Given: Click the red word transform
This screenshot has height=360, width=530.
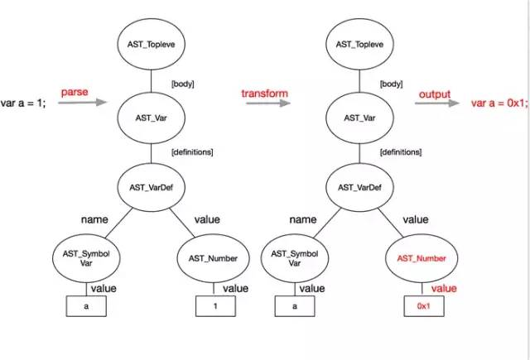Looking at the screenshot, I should click(x=265, y=94).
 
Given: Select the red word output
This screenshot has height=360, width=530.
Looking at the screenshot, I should click(x=434, y=94).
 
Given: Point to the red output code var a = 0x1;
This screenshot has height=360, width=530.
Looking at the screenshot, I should click(x=500, y=103).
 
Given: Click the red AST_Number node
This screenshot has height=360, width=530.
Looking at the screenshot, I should click(x=423, y=258).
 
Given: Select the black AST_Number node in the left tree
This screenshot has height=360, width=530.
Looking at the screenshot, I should click(x=210, y=258).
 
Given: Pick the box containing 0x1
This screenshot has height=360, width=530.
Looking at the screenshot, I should click(x=423, y=306).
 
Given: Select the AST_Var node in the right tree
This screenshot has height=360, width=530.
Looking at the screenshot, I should click(x=362, y=118).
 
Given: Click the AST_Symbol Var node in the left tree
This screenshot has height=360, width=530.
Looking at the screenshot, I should click(x=86, y=258).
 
